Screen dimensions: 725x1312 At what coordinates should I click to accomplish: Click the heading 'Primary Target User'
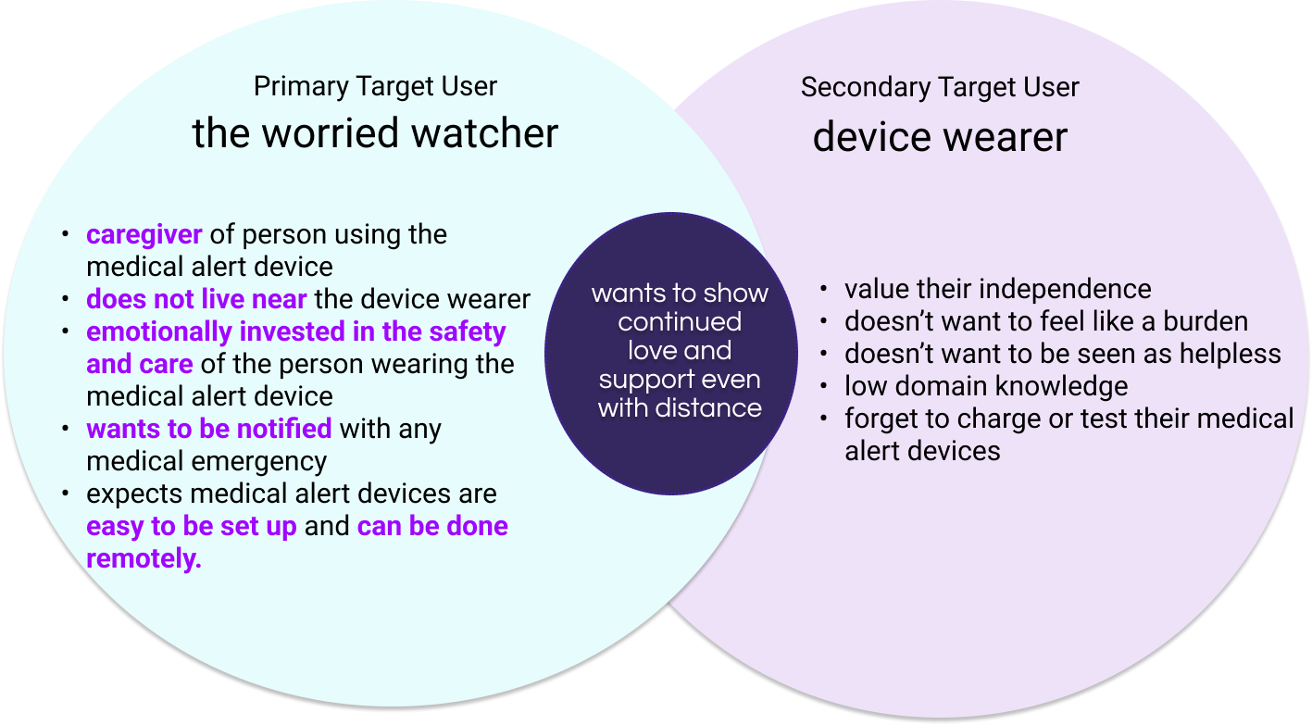[x=375, y=86]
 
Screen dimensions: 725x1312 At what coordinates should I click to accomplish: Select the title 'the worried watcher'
[x=375, y=133]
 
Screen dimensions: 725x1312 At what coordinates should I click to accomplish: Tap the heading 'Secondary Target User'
[x=940, y=87]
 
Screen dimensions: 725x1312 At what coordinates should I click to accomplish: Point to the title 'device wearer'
[x=940, y=138]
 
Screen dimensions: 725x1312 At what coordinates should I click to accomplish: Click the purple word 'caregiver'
[x=144, y=234]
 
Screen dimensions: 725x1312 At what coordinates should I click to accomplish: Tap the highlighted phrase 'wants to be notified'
[x=208, y=429]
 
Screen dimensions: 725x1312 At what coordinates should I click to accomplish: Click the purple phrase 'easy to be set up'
[x=191, y=526]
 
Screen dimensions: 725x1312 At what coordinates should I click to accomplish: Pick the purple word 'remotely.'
[x=144, y=558]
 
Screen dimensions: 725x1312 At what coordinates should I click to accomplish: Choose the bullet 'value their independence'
[x=997, y=289]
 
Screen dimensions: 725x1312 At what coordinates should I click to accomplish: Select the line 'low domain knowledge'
[x=986, y=386]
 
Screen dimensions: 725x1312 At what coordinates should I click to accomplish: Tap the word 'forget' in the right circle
[x=883, y=419]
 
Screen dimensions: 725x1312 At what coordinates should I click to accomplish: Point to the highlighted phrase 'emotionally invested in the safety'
[x=295, y=331]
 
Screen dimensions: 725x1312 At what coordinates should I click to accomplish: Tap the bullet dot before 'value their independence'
[x=824, y=289]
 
